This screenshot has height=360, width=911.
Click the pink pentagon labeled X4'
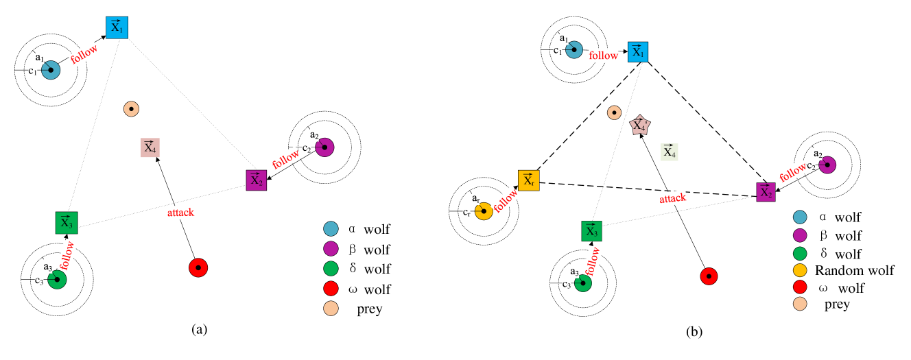click(x=639, y=125)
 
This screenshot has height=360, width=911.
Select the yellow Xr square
click(x=528, y=180)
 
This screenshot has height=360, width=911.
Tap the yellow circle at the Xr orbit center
click(x=484, y=211)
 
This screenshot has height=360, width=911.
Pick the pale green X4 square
click(x=670, y=152)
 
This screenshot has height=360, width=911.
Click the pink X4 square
click(x=150, y=147)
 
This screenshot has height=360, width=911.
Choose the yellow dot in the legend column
click(x=800, y=270)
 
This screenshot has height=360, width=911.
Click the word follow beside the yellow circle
click(x=506, y=200)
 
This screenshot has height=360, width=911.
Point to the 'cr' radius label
click(x=466, y=212)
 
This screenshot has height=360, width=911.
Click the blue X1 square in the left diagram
click(x=117, y=27)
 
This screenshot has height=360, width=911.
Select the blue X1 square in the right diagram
click(x=637, y=51)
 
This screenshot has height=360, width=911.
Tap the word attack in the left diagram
click(x=180, y=213)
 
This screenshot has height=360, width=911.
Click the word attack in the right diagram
click(x=672, y=198)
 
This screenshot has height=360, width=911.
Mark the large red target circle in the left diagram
click(x=198, y=267)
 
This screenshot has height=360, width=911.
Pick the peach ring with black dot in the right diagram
click(x=615, y=112)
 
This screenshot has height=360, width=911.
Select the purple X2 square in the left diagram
click(x=256, y=180)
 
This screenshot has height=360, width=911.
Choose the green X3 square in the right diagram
click(x=591, y=231)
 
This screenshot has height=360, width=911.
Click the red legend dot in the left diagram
click(x=331, y=288)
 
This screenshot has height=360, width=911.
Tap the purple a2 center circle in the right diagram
click(x=827, y=165)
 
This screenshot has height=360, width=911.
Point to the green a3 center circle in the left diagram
click(x=57, y=279)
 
